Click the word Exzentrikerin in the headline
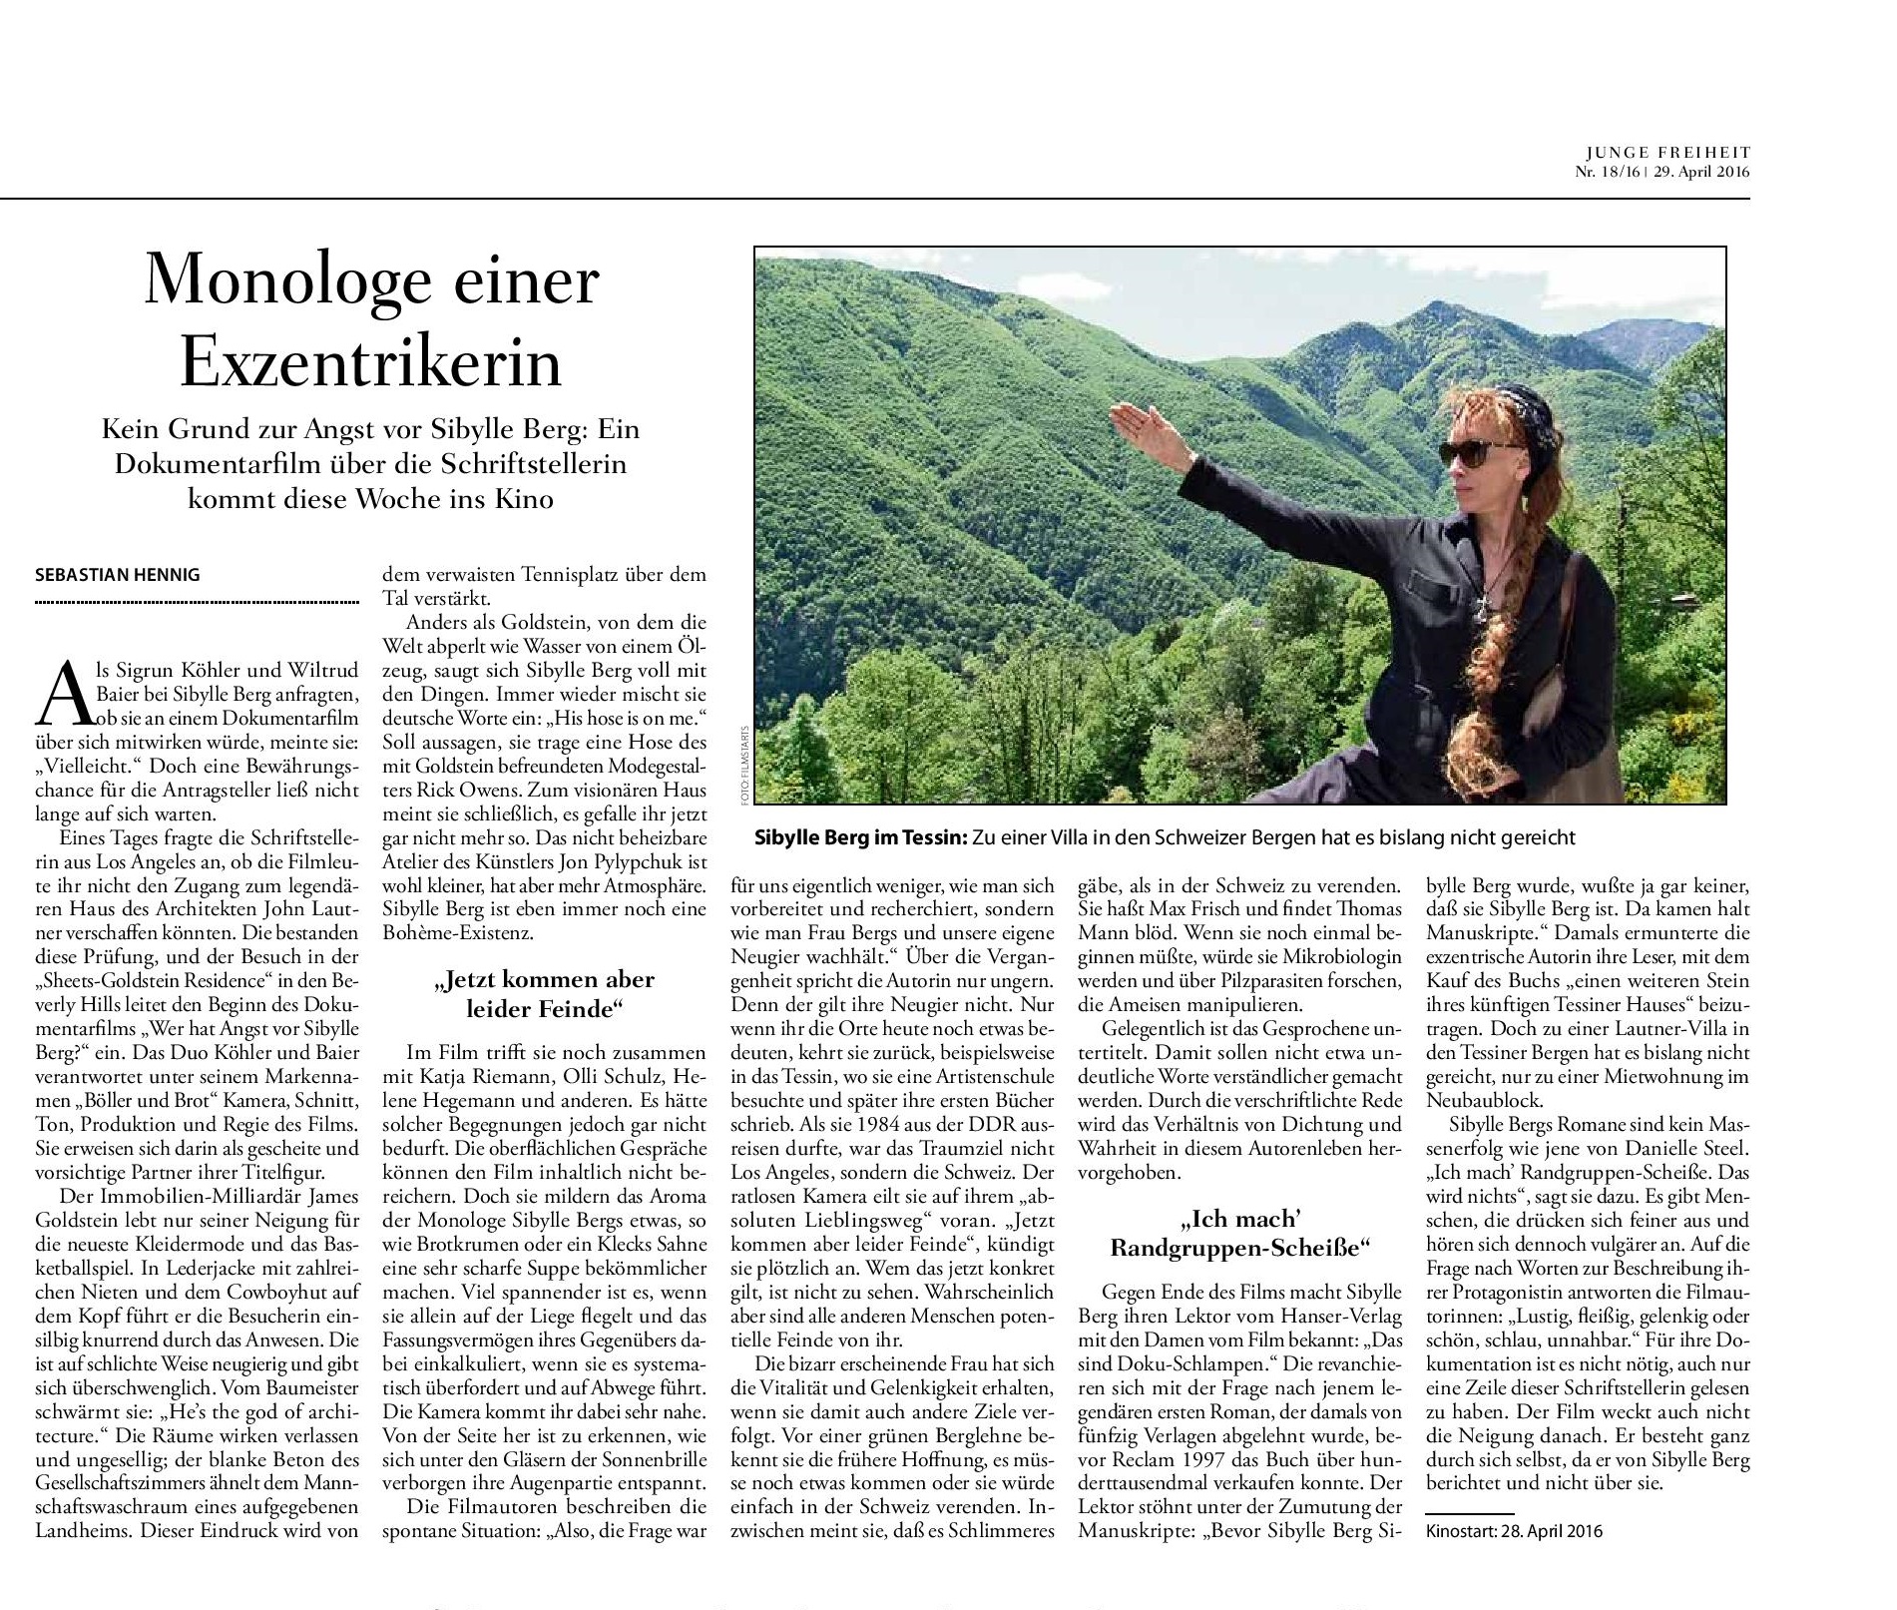point(371,361)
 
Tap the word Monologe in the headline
point(270,281)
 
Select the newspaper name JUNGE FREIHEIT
point(1667,153)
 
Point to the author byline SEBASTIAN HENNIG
point(118,575)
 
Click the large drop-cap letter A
point(59,694)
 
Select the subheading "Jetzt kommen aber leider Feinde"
point(544,993)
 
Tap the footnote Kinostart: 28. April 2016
point(1514,1531)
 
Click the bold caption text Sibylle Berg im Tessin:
point(860,837)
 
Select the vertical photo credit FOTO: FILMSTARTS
point(741,764)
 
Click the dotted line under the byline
point(197,603)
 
